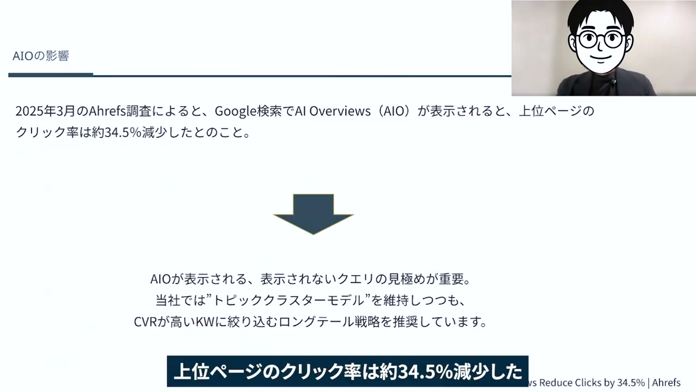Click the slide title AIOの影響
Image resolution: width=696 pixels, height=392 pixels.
point(41,56)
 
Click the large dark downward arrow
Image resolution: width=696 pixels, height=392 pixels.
point(313,213)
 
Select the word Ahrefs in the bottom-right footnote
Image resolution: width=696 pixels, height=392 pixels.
point(666,383)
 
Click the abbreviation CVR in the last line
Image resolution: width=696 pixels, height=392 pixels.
point(145,322)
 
